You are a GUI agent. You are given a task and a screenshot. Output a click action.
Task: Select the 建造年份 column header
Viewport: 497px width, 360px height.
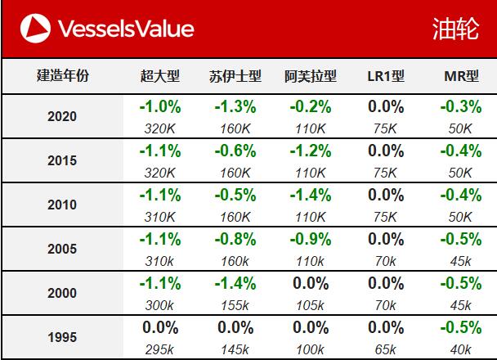click(63, 77)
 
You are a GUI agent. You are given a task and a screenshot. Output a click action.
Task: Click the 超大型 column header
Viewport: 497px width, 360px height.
click(159, 77)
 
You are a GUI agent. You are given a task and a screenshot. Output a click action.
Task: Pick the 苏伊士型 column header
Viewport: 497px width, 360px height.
click(235, 77)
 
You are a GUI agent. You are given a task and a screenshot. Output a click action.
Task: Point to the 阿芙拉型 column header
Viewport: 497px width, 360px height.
click(311, 77)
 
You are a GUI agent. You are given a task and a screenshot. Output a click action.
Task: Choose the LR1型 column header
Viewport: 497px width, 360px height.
click(386, 77)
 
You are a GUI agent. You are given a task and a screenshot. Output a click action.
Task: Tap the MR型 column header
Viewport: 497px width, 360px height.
click(461, 77)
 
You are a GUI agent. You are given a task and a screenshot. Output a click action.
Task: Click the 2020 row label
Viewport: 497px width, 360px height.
click(63, 116)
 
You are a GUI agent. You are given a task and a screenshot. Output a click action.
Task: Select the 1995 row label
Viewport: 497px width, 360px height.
click(63, 337)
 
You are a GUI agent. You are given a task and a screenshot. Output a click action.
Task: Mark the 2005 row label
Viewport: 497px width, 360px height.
click(63, 249)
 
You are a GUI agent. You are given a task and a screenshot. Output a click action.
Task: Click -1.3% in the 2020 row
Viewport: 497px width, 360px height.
click(235, 106)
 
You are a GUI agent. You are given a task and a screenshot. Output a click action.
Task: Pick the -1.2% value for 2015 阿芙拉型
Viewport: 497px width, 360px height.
click(311, 151)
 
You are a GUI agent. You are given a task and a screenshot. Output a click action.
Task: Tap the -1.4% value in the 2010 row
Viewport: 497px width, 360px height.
click(311, 195)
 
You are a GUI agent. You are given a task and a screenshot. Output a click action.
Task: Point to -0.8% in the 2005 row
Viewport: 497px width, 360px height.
click(235, 239)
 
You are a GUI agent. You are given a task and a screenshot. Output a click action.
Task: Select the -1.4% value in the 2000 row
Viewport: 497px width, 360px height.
click(235, 283)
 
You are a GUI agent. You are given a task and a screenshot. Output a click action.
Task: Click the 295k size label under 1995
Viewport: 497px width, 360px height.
click(159, 349)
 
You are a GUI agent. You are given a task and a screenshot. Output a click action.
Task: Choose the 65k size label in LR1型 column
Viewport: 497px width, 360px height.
click(386, 349)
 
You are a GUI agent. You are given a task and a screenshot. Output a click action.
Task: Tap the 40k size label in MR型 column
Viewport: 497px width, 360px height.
click(461, 349)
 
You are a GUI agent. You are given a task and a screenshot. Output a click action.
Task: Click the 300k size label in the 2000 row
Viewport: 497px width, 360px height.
click(159, 305)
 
